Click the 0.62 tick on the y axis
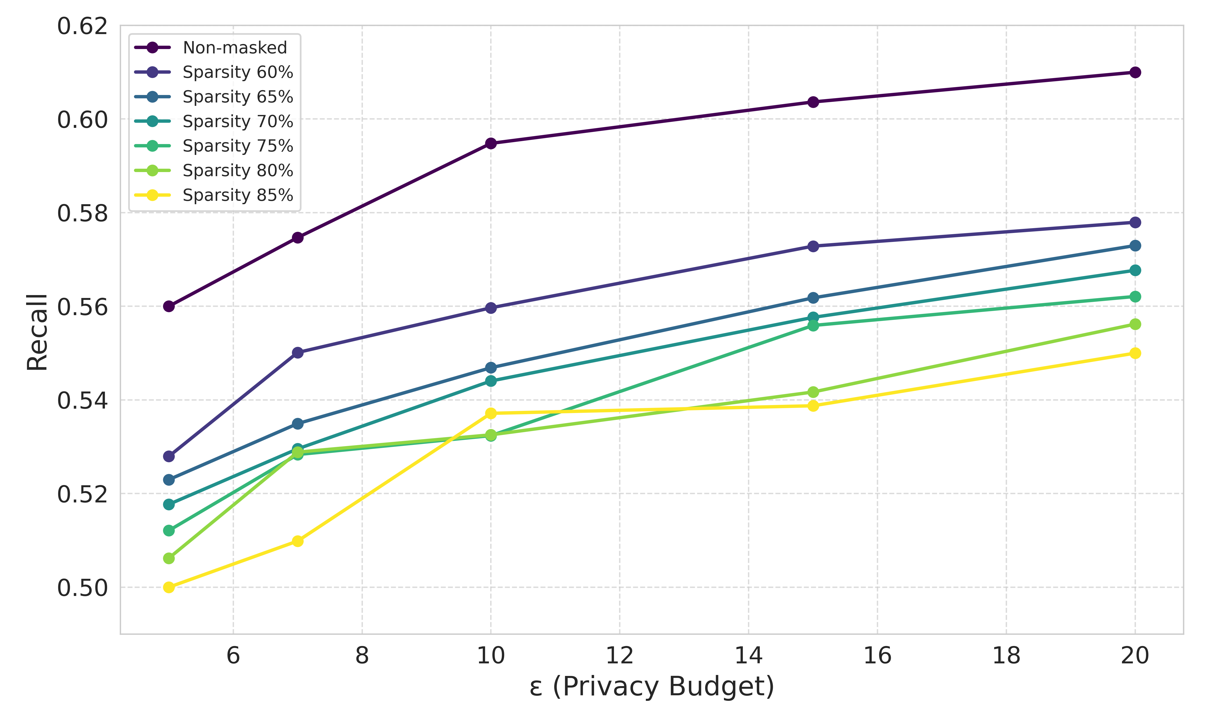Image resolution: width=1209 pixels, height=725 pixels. click(x=82, y=26)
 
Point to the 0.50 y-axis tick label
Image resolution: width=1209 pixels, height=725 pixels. click(x=82, y=588)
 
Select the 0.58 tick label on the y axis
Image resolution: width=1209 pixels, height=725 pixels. click(x=82, y=213)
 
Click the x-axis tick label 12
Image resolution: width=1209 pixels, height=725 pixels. click(x=620, y=656)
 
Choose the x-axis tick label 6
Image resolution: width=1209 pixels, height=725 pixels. click(x=233, y=656)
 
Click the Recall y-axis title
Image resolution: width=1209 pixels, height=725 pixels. click(x=37, y=332)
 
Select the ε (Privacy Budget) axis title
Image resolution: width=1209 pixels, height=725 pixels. click(x=652, y=686)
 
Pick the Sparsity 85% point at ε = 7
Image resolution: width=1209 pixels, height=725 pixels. click(x=298, y=541)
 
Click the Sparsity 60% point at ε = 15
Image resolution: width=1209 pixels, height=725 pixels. click(x=813, y=246)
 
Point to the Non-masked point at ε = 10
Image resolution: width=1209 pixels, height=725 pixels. click(x=491, y=143)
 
